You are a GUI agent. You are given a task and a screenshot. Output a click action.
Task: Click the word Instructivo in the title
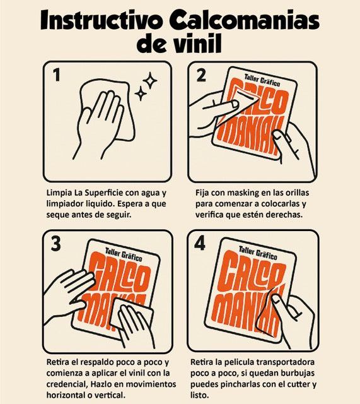[102, 20]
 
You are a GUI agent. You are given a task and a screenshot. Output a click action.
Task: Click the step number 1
[56, 74]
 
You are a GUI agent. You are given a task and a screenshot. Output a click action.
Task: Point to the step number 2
[201, 75]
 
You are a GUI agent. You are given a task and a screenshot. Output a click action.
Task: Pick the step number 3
[55, 244]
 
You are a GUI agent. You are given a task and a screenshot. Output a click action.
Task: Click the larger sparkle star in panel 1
[150, 81]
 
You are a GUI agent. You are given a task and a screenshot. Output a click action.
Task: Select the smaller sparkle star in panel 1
[141, 93]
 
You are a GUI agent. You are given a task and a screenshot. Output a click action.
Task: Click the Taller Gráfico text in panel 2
[262, 80]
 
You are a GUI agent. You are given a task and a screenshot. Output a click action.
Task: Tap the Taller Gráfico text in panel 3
[124, 254]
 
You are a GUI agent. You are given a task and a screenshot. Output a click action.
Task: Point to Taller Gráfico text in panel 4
[258, 252]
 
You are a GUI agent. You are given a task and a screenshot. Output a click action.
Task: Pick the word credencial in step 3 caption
[67, 384]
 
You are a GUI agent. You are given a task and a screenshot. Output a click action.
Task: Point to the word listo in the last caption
[199, 395]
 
